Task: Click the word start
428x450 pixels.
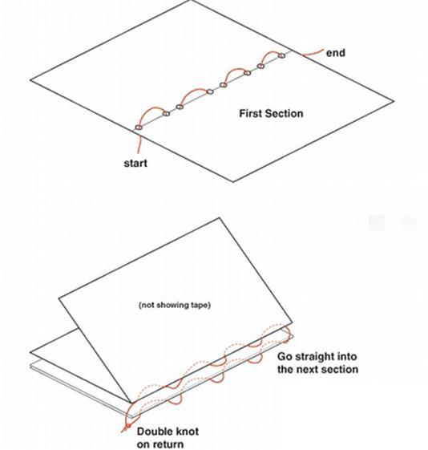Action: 135,163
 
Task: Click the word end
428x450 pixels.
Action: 335,53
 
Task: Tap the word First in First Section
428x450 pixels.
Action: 250,113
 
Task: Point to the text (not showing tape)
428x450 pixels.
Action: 175,305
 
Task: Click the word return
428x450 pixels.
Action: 168,444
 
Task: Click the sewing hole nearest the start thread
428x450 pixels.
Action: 139,127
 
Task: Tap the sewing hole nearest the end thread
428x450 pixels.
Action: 282,55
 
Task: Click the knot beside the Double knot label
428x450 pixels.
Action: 128,426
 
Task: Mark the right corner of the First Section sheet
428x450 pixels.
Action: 394,101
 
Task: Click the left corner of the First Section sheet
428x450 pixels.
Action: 30,80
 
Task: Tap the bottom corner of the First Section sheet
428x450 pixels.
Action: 232,181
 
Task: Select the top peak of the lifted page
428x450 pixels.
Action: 220,218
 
